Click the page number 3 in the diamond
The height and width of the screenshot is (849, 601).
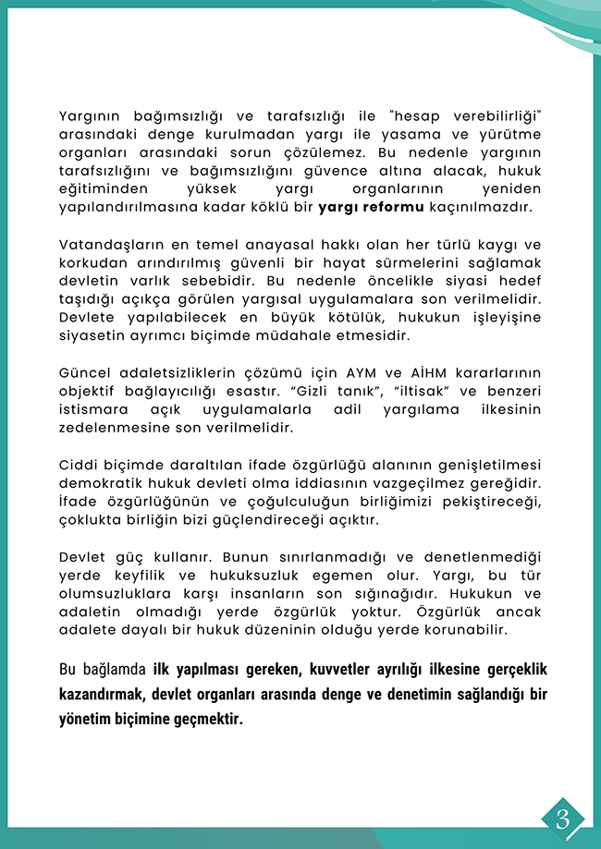563,817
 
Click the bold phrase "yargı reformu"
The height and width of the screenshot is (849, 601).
370,206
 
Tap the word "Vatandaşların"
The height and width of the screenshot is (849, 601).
110,244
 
